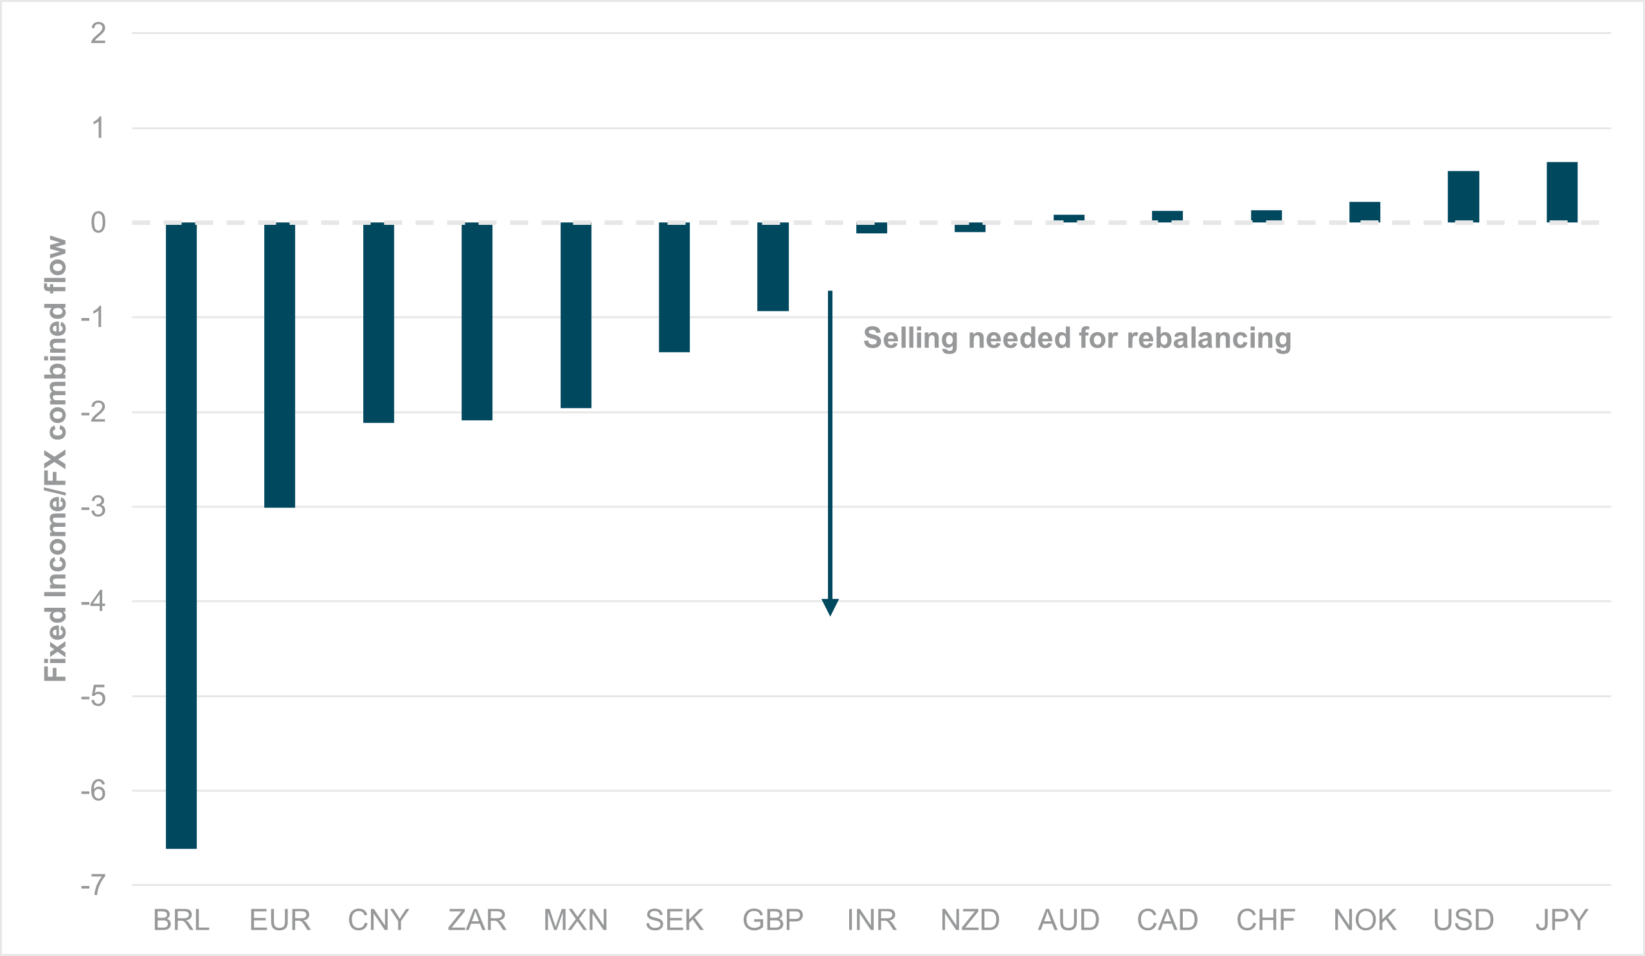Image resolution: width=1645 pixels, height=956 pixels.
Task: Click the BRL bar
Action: pos(181,535)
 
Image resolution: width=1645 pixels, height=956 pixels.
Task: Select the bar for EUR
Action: pos(280,365)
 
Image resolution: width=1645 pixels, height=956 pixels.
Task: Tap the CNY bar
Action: pos(379,323)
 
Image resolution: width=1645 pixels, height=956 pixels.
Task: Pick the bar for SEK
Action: pos(674,287)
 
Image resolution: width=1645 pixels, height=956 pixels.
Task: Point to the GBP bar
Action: pos(773,266)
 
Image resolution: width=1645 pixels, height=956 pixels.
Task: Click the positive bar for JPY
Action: pos(1562,192)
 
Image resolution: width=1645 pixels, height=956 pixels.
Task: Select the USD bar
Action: pos(1464,197)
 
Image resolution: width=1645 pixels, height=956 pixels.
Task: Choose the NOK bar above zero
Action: pos(1365,212)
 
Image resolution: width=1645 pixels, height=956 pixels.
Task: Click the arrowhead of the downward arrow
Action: pos(830,607)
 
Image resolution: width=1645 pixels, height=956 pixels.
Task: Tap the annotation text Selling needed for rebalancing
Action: pos(1077,338)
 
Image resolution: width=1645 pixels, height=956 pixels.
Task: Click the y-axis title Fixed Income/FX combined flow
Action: pos(55,459)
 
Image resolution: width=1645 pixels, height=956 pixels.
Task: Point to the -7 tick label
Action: pos(93,885)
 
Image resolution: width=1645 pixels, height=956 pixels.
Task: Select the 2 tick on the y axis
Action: pos(98,33)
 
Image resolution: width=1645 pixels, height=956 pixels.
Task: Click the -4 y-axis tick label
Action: pos(93,601)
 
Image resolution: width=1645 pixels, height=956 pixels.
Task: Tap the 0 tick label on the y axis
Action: pos(98,222)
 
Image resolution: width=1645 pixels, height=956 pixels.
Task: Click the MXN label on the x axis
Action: pos(576,920)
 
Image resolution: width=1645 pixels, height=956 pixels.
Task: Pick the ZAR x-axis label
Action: pos(477,920)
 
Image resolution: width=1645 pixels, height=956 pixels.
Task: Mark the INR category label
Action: pos(872,920)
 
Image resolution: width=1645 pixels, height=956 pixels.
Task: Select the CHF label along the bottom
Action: pos(1266,920)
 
